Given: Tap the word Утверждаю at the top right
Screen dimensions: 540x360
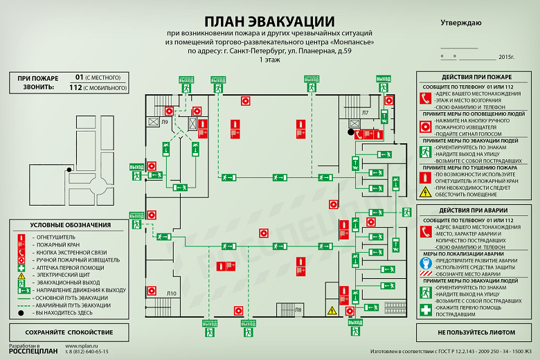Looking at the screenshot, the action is tap(461, 23).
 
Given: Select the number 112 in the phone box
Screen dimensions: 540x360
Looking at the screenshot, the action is tap(76, 88).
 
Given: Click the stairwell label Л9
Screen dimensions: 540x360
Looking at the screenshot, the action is tap(165, 123).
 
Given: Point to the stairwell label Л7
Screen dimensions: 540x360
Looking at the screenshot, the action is tap(365, 112).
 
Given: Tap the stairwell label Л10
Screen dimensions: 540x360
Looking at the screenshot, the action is tap(172, 294).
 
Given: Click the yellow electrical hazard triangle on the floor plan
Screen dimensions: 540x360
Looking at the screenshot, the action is tap(332, 310).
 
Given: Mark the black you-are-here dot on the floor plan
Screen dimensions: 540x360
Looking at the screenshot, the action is tap(351, 131).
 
